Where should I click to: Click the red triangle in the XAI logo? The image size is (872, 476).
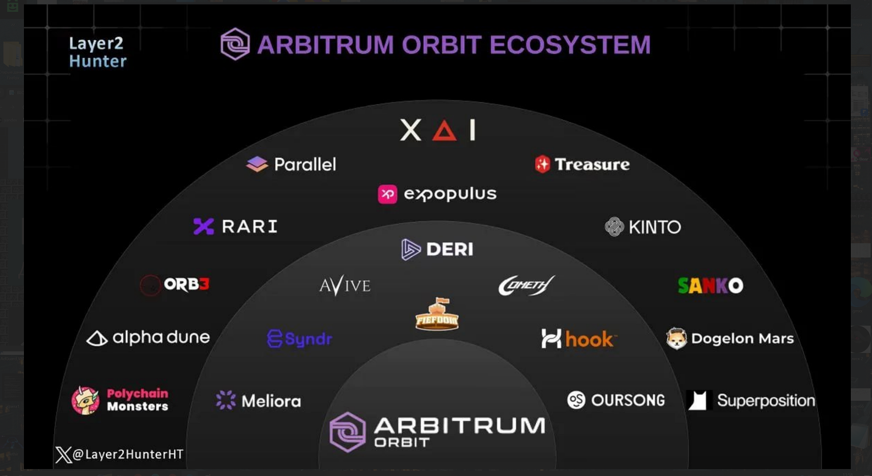point(444,131)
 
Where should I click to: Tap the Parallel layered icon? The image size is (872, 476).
point(257,164)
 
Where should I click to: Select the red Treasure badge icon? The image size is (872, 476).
point(542,164)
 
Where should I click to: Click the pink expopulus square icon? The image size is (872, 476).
point(387,194)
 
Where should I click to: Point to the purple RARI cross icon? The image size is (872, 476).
point(204,226)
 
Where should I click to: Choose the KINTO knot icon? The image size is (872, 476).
point(614,227)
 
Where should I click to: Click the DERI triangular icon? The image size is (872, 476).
point(410,249)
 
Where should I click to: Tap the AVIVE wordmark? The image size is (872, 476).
point(345,286)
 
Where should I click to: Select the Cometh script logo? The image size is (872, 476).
point(527,286)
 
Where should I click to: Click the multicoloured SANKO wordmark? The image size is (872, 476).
point(710,286)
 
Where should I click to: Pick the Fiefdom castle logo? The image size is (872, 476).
point(437,314)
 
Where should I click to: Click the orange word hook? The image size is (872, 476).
point(589,340)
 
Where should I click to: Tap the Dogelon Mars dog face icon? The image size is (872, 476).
point(676,339)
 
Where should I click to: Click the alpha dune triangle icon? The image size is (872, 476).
point(97,339)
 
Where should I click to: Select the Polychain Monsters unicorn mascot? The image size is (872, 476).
point(85,400)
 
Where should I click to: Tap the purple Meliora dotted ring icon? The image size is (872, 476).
point(226,400)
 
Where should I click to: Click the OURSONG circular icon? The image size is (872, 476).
point(576,400)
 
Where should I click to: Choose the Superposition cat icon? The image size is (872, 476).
point(698,400)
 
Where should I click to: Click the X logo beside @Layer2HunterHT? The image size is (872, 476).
point(63,455)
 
